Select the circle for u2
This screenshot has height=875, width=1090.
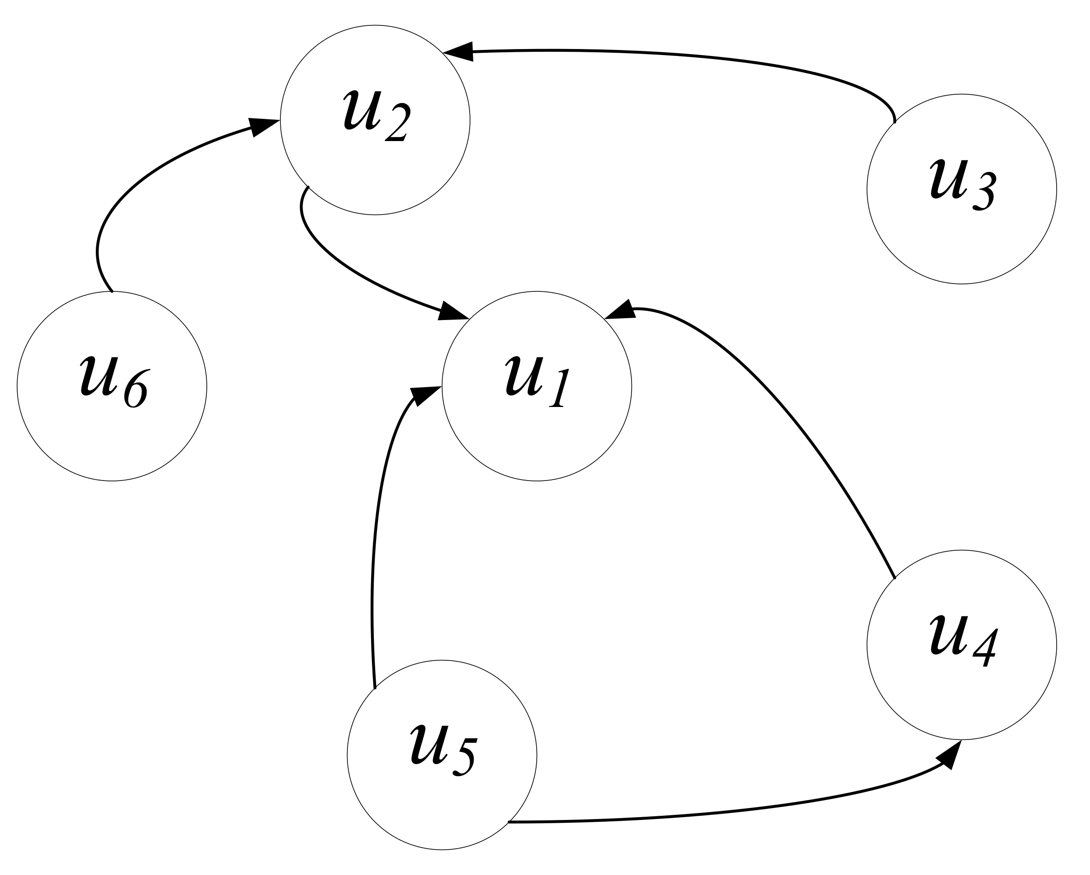[x=375, y=120]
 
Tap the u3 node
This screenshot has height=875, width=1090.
[x=961, y=189]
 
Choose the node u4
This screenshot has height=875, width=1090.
[x=961, y=645]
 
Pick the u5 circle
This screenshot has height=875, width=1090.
[x=442, y=755]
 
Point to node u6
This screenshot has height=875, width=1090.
[x=112, y=386]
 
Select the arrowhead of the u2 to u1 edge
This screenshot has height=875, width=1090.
[x=453, y=311]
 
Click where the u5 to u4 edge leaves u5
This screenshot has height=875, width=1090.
[x=508, y=822]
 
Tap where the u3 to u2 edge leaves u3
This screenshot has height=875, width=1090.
[x=894, y=122]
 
